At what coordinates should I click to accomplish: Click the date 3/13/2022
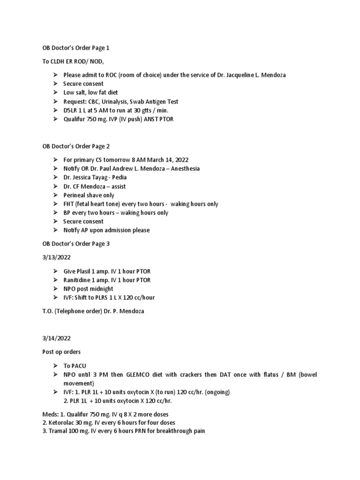57,258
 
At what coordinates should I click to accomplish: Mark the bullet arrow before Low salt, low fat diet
54,92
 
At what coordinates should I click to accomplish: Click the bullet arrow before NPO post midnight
54,289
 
